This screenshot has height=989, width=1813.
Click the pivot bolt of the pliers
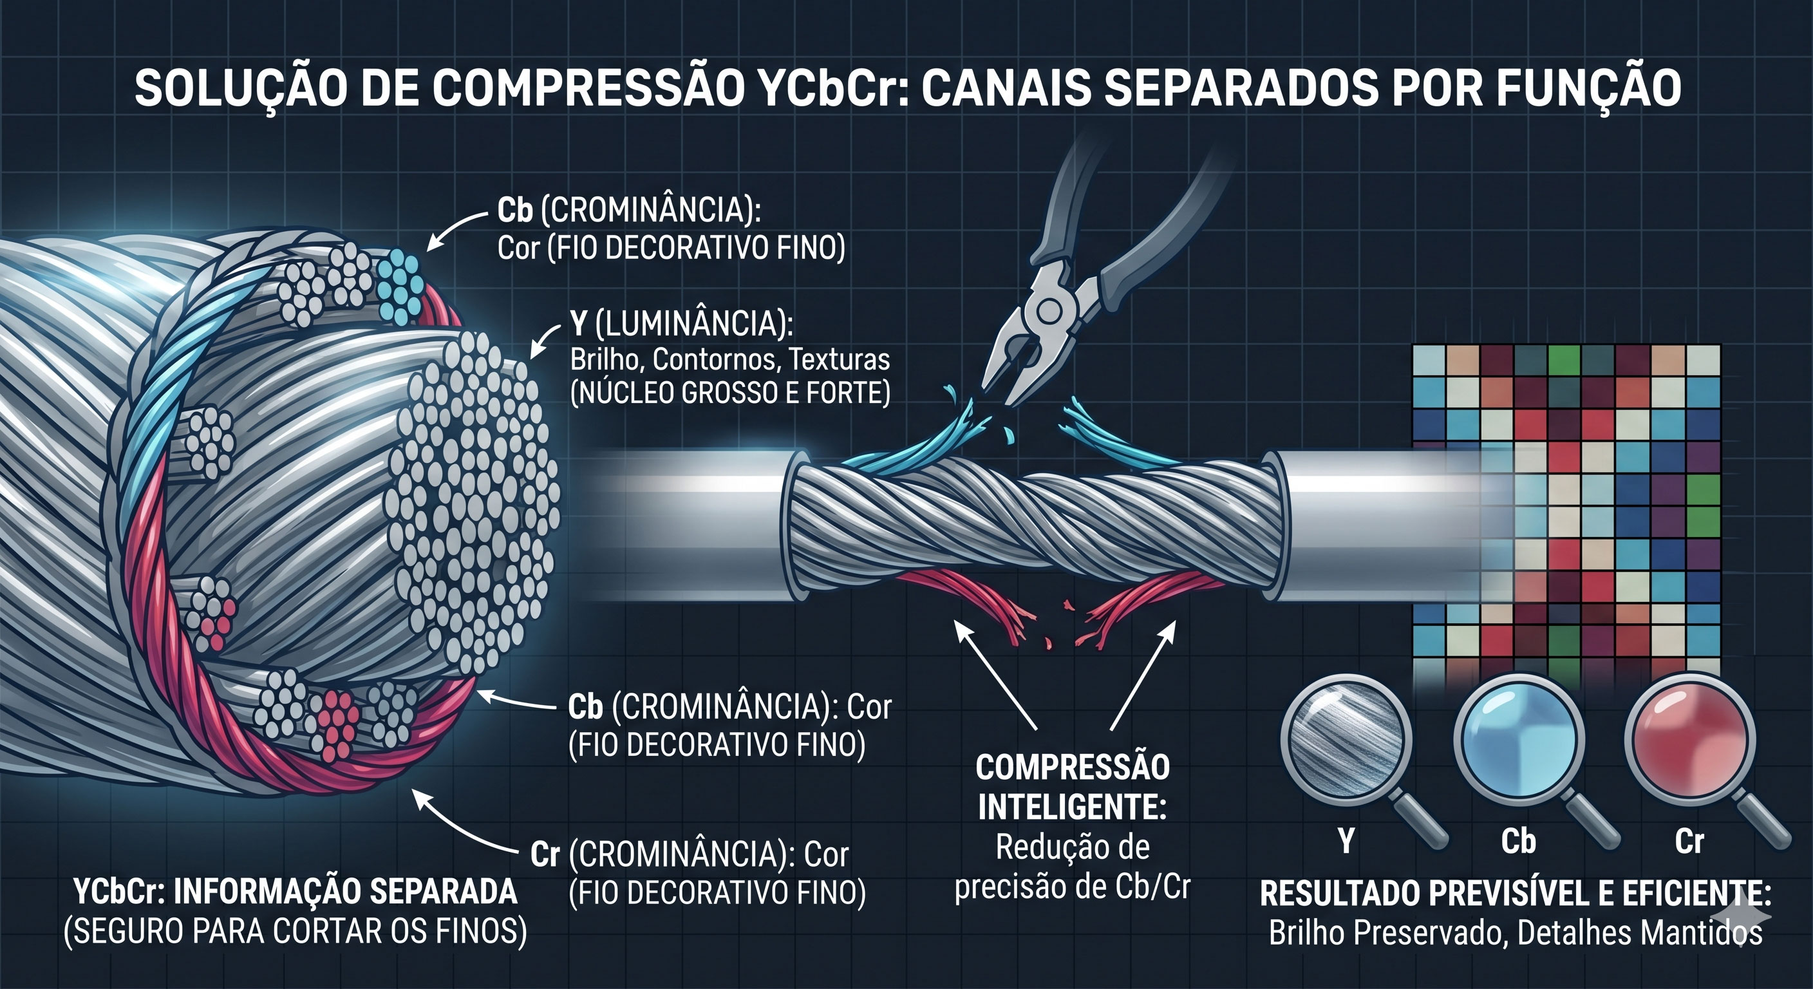[1048, 310]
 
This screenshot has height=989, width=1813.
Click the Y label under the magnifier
[1346, 840]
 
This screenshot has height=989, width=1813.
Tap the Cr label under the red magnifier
[1689, 841]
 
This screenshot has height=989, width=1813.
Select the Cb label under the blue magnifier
[1518, 841]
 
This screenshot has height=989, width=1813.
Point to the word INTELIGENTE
[1072, 807]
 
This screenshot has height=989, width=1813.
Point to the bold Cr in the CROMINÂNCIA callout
[545, 854]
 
